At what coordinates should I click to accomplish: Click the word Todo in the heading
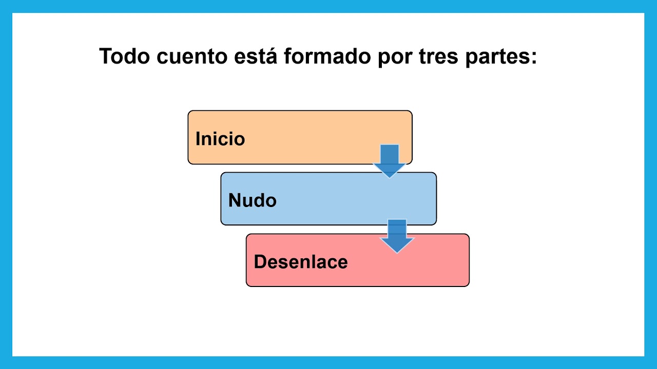pos(125,56)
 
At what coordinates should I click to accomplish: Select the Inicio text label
pos(220,139)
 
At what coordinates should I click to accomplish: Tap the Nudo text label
pos(252,200)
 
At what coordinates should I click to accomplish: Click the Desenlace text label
pos(300,262)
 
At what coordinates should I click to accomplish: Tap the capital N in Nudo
pos(234,200)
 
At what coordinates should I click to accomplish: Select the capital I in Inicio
pos(198,139)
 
